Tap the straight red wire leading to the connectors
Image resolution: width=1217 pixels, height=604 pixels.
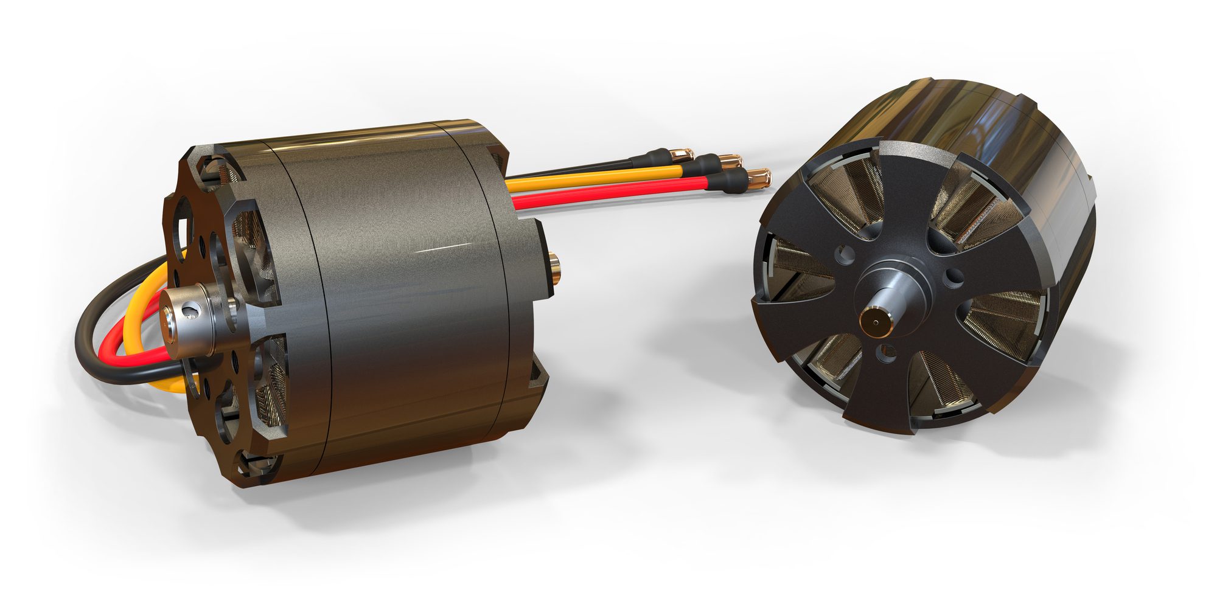click(x=608, y=190)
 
